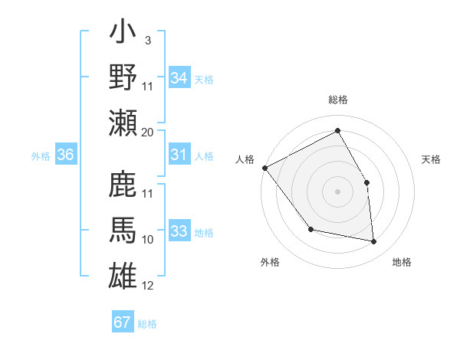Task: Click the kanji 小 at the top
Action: coord(123,34)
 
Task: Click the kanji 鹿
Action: coord(123,187)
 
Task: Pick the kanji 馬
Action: coord(123,231)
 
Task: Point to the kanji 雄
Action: coord(123,274)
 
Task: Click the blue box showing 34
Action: coord(179,78)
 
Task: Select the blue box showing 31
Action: coord(179,155)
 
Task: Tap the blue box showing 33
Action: coord(179,231)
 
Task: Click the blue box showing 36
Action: coord(66,155)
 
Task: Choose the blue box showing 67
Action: coord(123,322)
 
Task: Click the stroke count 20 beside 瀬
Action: coord(148,132)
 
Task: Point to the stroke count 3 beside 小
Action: coord(148,39)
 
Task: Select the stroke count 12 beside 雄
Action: coord(148,286)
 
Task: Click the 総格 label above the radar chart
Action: coord(337,100)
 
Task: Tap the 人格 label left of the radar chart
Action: coord(245,159)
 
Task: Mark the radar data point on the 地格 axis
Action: coord(374,242)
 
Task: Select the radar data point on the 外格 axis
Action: coord(310,229)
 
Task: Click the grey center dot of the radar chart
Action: coord(337,191)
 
